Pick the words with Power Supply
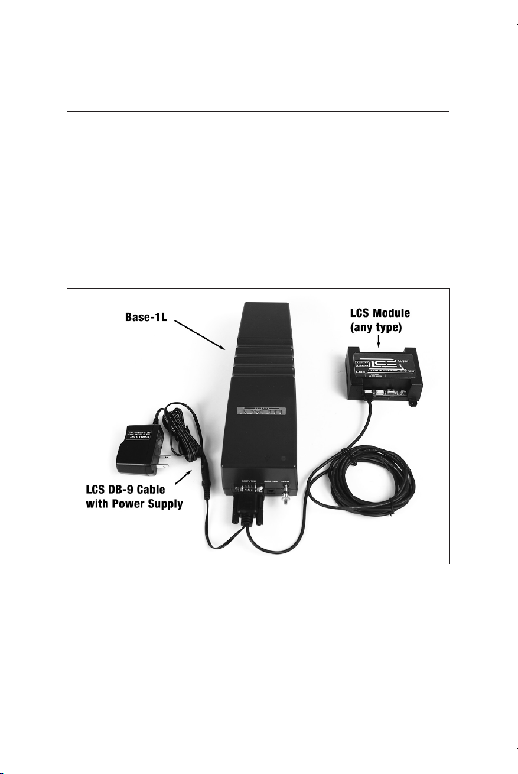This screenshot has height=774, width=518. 135,505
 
